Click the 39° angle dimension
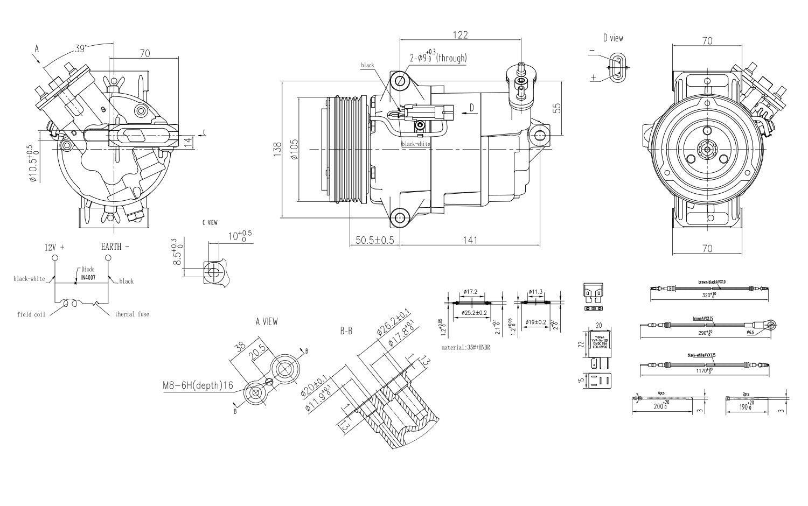(x=80, y=48)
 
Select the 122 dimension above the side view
(x=459, y=34)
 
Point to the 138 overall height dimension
(x=277, y=149)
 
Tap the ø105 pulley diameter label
(x=294, y=149)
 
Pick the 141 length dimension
(x=470, y=240)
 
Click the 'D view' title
(x=613, y=38)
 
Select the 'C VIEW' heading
(x=210, y=222)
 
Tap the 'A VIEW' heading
(x=267, y=321)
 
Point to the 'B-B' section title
(x=346, y=331)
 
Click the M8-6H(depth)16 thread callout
(x=198, y=385)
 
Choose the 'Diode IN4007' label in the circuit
(x=87, y=273)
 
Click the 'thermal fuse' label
(x=132, y=314)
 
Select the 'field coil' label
(x=31, y=314)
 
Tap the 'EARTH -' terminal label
(x=115, y=247)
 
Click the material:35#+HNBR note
(x=466, y=348)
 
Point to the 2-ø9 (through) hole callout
(x=438, y=57)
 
